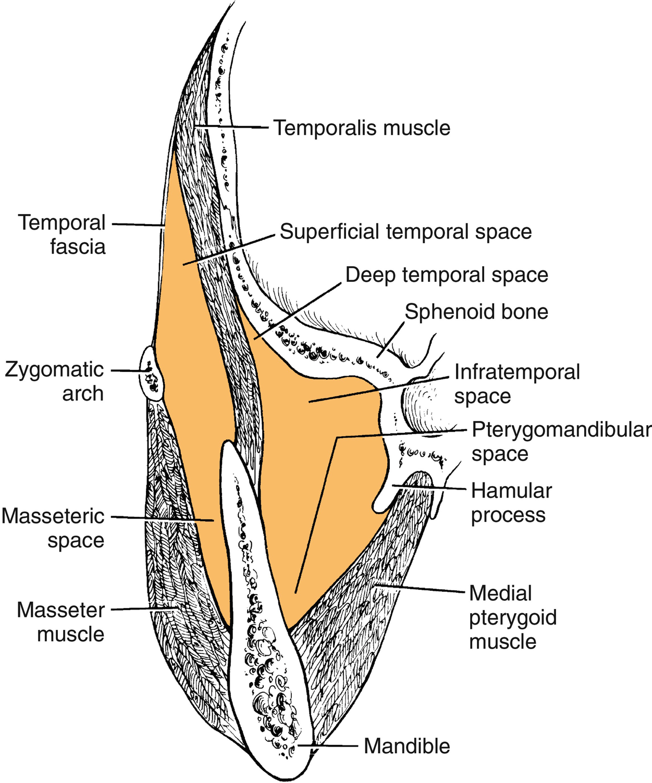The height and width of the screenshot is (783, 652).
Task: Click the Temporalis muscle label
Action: point(362,128)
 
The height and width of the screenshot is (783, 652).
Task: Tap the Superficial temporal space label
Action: point(405,232)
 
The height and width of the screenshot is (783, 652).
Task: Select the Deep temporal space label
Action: point(447,275)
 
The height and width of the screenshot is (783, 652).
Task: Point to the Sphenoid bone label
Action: point(476,312)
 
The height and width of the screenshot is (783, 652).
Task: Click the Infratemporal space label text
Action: point(516,384)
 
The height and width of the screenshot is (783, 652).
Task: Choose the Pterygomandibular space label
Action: point(561,442)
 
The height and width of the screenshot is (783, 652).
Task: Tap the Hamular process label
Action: point(511,503)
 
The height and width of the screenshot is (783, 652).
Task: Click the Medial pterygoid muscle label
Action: point(512,617)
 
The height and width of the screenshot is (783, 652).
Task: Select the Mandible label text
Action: point(407,746)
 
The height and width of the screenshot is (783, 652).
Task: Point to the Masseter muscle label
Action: point(61,622)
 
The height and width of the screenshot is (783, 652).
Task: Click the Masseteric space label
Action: point(53,528)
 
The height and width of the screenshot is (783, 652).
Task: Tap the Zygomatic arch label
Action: point(55,381)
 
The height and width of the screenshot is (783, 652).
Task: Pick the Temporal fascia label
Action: point(62,234)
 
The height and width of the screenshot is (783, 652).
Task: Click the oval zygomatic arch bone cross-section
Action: point(152,374)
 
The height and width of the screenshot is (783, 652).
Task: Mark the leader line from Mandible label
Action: point(334,745)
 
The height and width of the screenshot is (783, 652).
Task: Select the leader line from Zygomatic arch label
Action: point(128,370)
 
